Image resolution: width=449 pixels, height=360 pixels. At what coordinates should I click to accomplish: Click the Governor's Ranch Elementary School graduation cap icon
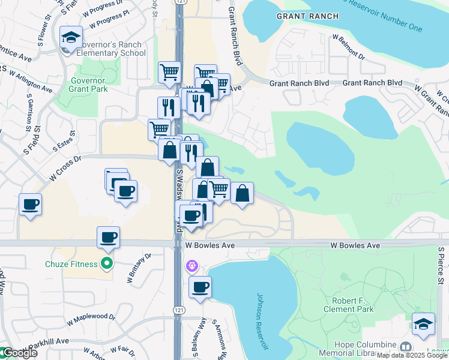pyautogui.click(x=71, y=38)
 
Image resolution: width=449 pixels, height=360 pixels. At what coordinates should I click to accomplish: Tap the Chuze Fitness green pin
pyautogui.click(x=107, y=263)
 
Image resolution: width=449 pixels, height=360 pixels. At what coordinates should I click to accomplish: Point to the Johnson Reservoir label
pyautogui.click(x=262, y=321)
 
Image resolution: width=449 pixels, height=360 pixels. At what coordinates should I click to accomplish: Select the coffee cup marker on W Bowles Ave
pyautogui.click(x=108, y=237)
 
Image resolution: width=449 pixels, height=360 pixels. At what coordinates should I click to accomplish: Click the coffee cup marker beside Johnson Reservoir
pyautogui.click(x=200, y=286)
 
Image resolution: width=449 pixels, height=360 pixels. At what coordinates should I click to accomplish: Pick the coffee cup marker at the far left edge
pyautogui.click(x=30, y=204)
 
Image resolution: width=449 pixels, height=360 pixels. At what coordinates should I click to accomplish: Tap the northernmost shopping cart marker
pyautogui.click(x=169, y=72)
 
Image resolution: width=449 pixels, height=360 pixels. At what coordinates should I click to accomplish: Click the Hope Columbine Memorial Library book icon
pyautogui.click(x=406, y=347)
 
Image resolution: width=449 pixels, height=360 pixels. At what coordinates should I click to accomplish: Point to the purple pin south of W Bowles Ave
pyautogui.click(x=192, y=265)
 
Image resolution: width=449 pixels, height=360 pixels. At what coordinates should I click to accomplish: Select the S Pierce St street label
pyautogui.click(x=440, y=267)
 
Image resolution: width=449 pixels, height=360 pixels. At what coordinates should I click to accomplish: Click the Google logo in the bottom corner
pyautogui.click(x=19, y=353)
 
